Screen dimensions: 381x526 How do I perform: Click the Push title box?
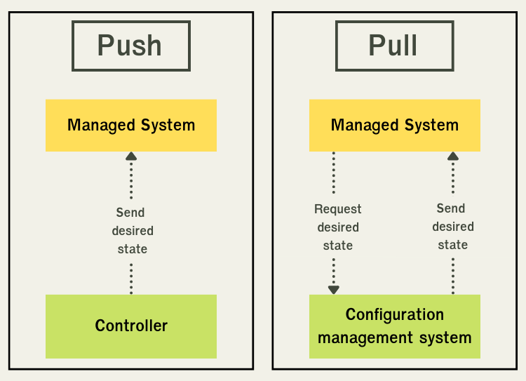[130, 46]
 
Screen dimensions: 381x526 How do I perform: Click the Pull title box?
[394, 46]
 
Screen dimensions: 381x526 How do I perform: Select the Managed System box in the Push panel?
[131, 126]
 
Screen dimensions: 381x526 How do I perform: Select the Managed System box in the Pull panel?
[395, 126]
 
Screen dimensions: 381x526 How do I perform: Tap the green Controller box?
[131, 326]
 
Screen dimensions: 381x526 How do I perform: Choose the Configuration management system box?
[395, 326]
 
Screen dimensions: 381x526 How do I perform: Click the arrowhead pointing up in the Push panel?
[131, 156]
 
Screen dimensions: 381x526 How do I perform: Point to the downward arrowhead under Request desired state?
[334, 289]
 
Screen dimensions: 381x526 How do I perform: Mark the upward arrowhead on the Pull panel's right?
[453, 156]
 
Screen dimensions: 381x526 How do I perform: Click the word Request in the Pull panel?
[338, 209]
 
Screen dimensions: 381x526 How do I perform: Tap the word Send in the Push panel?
[130, 213]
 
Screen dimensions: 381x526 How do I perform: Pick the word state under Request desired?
[338, 246]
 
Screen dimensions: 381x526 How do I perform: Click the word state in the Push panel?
[132, 249]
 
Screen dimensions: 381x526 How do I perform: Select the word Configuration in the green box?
[395, 314]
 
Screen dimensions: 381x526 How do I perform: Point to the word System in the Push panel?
[168, 126]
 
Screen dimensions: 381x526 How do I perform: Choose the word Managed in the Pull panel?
[360, 126]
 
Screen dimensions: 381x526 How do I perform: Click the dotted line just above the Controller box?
[131, 279]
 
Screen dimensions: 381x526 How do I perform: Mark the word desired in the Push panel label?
[132, 231]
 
